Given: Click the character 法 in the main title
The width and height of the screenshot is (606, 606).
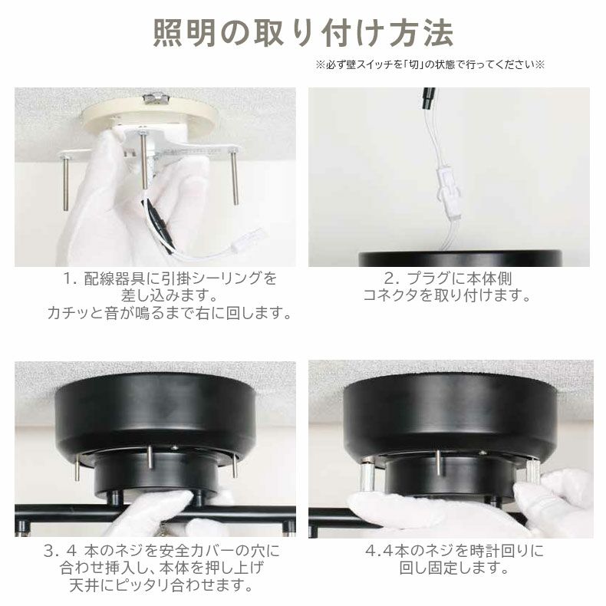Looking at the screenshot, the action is pyautogui.click(x=438, y=33).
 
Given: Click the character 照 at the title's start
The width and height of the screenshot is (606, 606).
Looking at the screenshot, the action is pyautogui.click(x=168, y=33).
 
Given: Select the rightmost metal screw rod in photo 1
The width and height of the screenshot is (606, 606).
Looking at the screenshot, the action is pyautogui.click(x=235, y=177).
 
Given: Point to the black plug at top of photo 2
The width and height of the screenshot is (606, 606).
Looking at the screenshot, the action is pyautogui.click(x=428, y=97).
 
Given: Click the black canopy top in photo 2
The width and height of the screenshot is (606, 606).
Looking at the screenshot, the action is pyautogui.click(x=460, y=259).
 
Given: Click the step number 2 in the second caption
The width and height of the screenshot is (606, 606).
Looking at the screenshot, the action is pyautogui.click(x=390, y=278).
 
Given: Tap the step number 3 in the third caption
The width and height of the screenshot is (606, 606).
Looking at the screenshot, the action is pyautogui.click(x=49, y=552).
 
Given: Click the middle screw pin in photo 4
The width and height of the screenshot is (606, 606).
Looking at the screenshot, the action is pyautogui.click(x=439, y=463).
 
